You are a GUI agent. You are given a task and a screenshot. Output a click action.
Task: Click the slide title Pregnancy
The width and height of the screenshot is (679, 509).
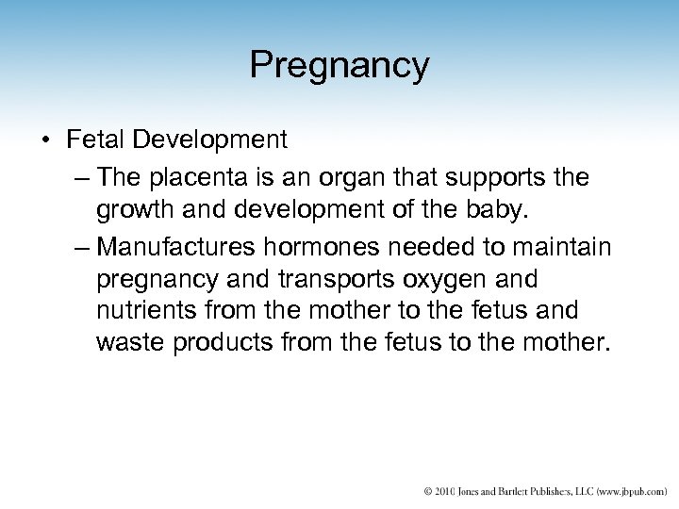339,65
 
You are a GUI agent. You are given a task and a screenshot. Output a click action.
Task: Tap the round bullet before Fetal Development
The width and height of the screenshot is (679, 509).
46,141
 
